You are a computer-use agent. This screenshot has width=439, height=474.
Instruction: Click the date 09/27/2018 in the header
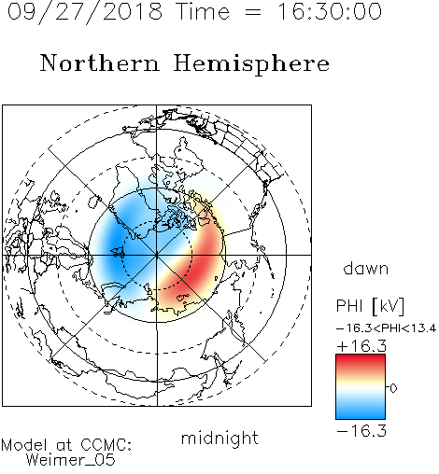click(85, 12)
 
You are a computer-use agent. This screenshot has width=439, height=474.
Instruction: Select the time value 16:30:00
click(330, 11)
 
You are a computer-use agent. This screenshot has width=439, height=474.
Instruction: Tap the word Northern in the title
click(100, 63)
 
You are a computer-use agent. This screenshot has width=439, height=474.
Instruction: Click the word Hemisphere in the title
click(251, 64)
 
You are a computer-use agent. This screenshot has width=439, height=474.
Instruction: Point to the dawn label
click(366, 268)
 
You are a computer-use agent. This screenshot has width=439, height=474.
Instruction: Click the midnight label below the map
click(219, 439)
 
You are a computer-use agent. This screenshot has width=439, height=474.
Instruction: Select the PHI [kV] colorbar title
click(370, 306)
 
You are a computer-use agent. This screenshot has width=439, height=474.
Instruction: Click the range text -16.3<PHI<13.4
click(386, 328)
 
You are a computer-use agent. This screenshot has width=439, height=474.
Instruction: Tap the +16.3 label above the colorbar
click(361, 346)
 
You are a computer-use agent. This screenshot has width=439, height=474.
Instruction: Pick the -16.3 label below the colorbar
click(361, 430)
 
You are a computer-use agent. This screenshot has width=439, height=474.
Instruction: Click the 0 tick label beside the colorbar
click(393, 388)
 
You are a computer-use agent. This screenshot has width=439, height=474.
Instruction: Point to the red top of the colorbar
click(361, 361)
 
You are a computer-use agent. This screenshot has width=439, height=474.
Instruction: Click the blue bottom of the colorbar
click(361, 412)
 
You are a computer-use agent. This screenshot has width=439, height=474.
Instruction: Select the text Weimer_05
click(71, 460)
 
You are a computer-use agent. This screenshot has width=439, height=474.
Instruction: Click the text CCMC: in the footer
click(106, 445)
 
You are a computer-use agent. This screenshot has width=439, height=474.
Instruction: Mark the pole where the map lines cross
click(157, 255)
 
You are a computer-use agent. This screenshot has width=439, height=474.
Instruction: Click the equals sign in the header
click(253, 12)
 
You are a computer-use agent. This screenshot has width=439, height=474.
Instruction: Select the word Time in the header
click(203, 11)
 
